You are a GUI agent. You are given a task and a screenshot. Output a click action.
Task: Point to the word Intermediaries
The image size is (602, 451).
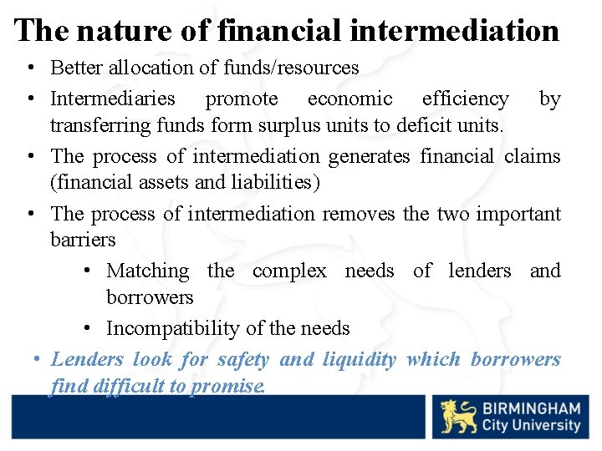[113, 99]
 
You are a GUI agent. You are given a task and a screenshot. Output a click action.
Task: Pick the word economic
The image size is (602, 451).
[349, 99]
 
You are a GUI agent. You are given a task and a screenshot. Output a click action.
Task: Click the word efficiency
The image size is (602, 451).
[465, 99]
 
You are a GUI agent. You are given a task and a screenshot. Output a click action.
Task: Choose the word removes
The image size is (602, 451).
[359, 214]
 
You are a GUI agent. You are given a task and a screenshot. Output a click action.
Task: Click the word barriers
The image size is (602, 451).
[83, 240]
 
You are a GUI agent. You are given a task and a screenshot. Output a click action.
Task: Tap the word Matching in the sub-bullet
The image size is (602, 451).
[148, 271]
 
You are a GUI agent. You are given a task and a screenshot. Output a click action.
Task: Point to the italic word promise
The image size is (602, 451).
[227, 387]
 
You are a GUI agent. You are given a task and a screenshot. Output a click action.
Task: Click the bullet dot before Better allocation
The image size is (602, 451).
[30, 68]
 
